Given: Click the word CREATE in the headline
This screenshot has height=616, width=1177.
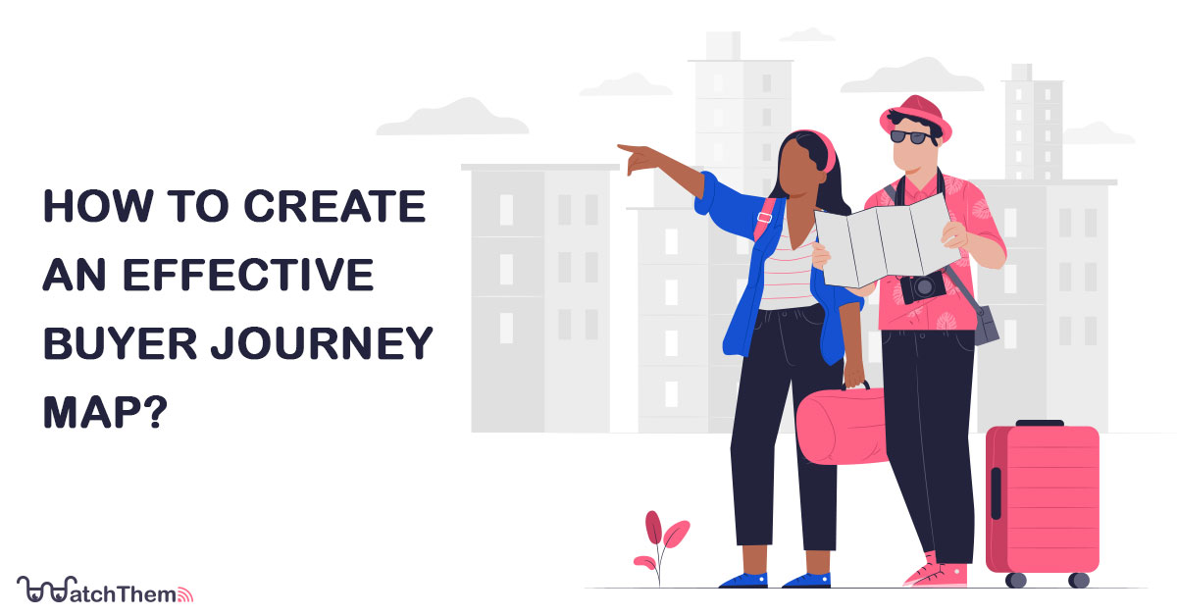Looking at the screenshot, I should coord(347,208).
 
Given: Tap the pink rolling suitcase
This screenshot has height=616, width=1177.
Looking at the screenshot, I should coord(1043,500).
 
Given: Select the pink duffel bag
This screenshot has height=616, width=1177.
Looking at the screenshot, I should coord(842,426).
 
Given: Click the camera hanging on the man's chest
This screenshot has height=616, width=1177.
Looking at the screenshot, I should coord(924,288).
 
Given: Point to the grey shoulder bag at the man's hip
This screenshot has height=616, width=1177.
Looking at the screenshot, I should coord(984,324).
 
